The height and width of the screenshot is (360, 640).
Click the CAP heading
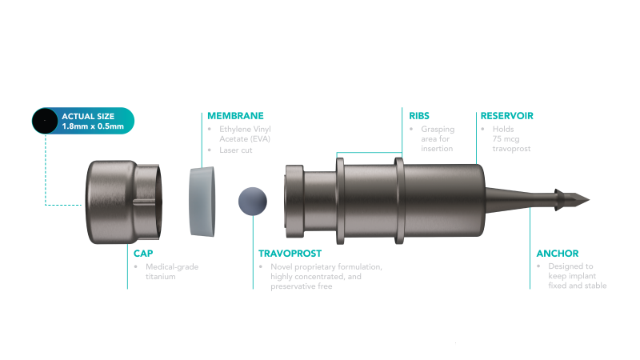[142, 253]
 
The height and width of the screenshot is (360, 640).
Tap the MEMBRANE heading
[235, 115]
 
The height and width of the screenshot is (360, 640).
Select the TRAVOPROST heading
[290, 253]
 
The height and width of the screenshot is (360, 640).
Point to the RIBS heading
[418, 115]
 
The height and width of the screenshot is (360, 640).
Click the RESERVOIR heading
[507, 115]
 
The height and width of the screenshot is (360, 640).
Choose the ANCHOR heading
[557, 253]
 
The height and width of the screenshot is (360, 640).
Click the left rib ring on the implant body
[341, 199]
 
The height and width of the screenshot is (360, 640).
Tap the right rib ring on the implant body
[398, 199]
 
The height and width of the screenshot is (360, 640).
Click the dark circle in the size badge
[45, 121]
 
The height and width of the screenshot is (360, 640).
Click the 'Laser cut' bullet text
[233, 150]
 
